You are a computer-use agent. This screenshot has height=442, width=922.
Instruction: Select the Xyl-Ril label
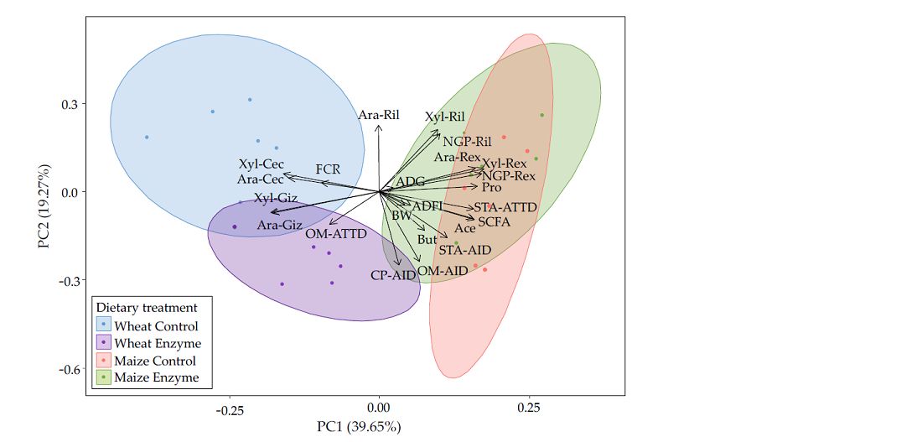(444, 117)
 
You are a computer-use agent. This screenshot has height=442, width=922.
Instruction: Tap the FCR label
(328, 169)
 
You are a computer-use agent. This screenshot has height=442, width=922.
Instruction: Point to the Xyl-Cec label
(261, 164)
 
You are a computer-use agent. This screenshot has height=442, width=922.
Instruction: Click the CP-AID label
(394, 275)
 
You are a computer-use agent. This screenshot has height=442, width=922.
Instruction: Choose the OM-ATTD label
(335, 233)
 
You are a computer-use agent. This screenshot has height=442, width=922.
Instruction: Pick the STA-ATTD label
(505, 207)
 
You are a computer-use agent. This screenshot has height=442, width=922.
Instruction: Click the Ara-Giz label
(280, 225)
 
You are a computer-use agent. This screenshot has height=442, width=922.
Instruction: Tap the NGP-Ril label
(467, 141)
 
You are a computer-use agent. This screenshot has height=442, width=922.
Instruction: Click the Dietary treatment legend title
(147, 308)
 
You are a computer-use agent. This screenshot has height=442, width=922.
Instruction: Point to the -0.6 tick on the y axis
(69, 369)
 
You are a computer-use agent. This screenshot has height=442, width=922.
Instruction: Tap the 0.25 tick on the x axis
(528, 409)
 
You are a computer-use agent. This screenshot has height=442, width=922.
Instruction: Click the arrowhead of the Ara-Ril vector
(379, 126)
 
